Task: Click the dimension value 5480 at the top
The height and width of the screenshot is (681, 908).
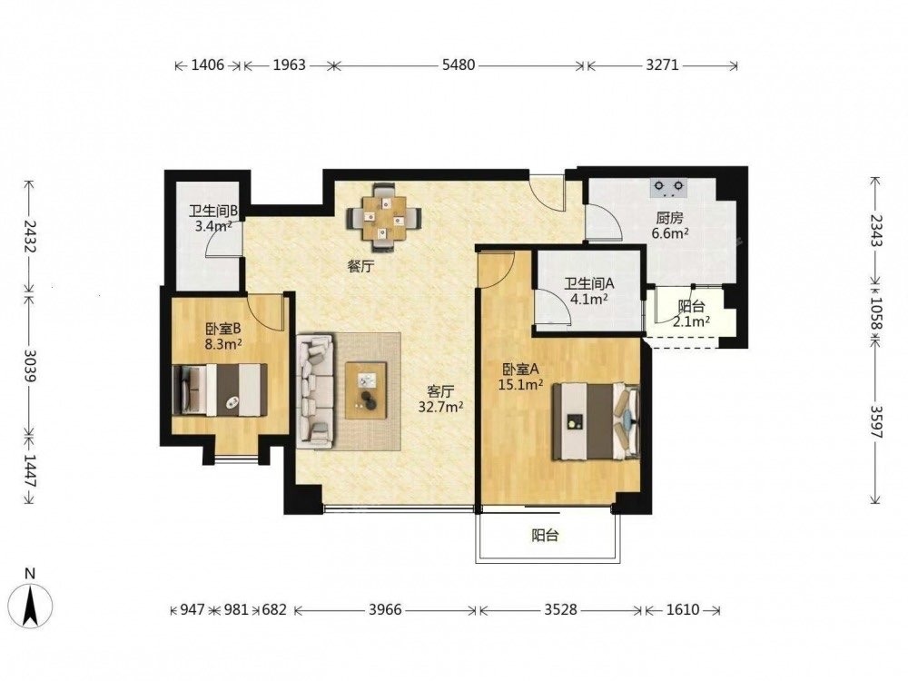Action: [458, 64]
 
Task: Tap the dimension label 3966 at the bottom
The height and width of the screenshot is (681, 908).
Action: [385, 610]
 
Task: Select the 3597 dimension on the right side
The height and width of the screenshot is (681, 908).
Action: [876, 422]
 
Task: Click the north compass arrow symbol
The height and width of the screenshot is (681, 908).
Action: [30, 606]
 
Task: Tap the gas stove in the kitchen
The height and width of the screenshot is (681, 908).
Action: [668, 187]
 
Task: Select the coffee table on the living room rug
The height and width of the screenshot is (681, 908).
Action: [366, 390]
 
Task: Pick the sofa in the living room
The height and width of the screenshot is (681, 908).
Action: [316, 390]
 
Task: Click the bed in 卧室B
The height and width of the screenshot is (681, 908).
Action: [220, 390]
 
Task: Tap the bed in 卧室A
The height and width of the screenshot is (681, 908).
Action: [596, 421]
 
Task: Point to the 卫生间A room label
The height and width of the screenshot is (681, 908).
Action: [589, 283]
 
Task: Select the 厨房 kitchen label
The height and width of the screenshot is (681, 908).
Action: [669, 218]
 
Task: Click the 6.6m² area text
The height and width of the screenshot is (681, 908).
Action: [670, 233]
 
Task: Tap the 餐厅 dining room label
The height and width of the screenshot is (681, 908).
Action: [360, 266]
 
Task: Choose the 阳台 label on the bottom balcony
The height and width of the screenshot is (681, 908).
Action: [545, 536]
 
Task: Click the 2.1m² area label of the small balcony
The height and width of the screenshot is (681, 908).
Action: [691, 321]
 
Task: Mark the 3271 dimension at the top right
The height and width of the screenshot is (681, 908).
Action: [662, 64]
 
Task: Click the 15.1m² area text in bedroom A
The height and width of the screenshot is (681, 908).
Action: [520, 384]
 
